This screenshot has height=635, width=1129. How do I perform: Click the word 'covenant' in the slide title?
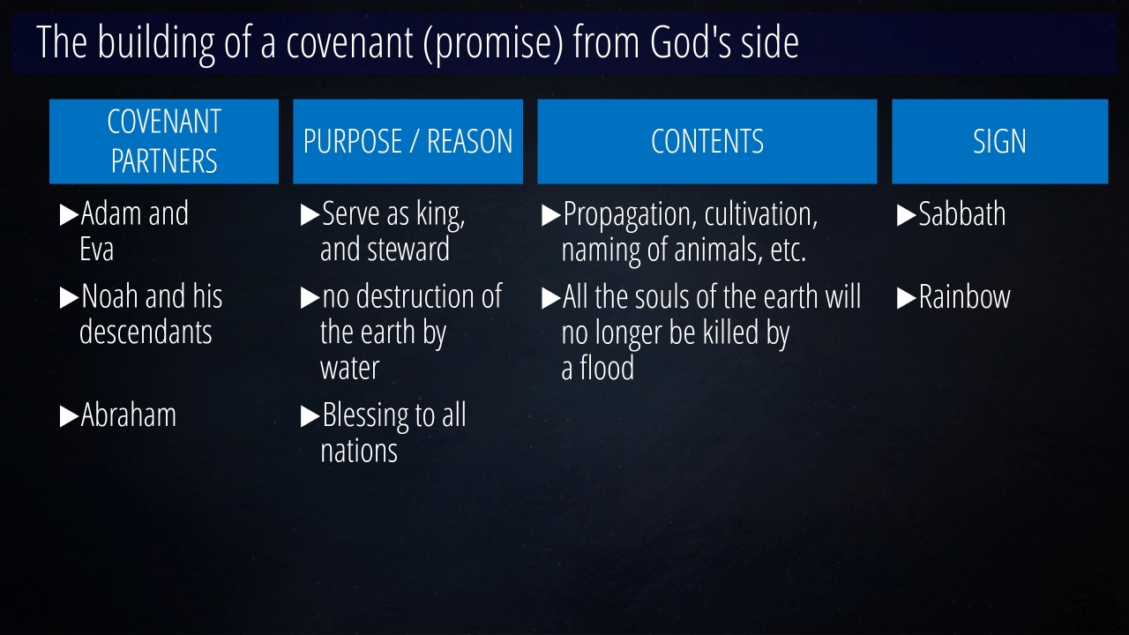point(350,42)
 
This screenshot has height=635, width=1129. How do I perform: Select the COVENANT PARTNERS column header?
point(164,141)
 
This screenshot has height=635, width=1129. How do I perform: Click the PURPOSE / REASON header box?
point(407,141)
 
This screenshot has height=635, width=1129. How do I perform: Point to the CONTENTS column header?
point(707,141)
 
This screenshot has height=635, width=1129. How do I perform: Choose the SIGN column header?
point(1000,141)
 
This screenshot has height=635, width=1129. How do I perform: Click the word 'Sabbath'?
point(961,213)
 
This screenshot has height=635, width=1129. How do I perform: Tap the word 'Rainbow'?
point(965,296)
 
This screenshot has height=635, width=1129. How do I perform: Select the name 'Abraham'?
point(129,415)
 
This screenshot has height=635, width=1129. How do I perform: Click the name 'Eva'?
point(96,249)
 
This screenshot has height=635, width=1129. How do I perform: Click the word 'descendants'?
point(146,332)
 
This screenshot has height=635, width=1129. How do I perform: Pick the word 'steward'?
point(408,249)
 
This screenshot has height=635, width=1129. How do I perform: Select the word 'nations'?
point(359,451)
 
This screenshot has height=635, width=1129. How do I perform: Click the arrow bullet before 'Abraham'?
point(69,416)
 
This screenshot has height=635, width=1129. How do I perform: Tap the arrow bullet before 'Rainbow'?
point(906,298)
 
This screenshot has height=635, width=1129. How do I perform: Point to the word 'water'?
point(349,368)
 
